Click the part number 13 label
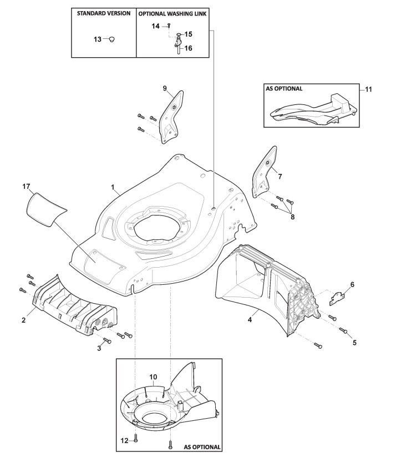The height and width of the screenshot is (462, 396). click(x=97, y=39)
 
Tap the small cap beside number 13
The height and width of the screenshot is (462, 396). click(x=111, y=39)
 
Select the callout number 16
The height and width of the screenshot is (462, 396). click(x=188, y=48)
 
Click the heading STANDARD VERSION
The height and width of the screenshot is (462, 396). click(x=104, y=13)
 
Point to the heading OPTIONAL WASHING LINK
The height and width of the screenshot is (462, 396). click(x=172, y=13)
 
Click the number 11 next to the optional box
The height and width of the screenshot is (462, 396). click(x=369, y=88)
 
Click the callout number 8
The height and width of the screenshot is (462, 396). click(x=292, y=217)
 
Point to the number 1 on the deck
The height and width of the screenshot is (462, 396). click(x=113, y=189)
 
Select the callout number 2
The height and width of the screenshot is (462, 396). click(x=24, y=320)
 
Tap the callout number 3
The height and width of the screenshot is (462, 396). click(x=100, y=347)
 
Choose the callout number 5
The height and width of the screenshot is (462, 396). click(x=354, y=343)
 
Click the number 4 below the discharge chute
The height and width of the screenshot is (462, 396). click(x=250, y=320)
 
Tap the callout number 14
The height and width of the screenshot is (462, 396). click(x=155, y=26)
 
